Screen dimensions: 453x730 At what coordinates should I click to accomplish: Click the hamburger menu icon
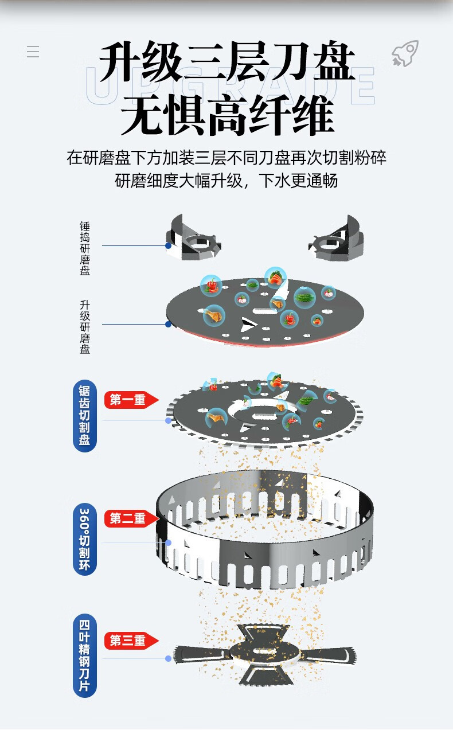coord(33,52)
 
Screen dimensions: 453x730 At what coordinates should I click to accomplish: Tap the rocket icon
coord(405,54)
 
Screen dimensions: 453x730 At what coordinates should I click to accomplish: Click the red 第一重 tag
coord(131,400)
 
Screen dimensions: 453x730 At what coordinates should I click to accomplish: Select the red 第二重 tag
coord(131,518)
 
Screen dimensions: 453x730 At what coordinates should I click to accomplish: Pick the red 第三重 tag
coord(131,641)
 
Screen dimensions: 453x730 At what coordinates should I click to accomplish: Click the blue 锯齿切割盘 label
coord(85,415)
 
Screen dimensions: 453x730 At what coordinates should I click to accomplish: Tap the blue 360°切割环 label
coord(85,538)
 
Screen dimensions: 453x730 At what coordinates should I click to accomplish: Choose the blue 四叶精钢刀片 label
coord(85,655)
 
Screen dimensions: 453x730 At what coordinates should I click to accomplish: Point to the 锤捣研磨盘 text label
coord(85,248)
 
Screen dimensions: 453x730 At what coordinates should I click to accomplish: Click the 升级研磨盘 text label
coord(85,326)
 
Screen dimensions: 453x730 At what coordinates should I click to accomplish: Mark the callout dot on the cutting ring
coord(168,542)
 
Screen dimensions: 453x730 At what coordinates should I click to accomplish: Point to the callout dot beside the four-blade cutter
coord(168,658)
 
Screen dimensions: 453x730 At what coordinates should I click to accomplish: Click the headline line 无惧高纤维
coord(227,116)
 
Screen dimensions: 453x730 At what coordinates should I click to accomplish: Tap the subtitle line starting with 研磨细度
coord(227,181)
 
